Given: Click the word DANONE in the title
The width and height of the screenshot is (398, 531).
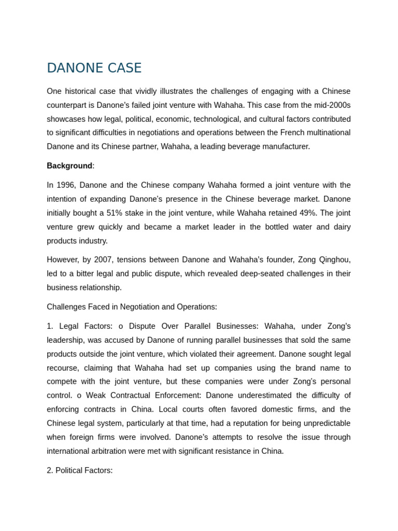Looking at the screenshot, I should (x=73, y=68).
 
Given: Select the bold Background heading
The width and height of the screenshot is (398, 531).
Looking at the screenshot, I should (x=69, y=166).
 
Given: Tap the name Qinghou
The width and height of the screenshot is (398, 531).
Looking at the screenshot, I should (x=333, y=260).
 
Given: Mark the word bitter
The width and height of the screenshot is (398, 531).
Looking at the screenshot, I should (x=87, y=274).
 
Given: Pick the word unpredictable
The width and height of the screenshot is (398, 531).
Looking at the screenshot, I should (x=325, y=423).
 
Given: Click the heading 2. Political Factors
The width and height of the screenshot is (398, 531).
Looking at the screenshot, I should (x=79, y=471).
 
